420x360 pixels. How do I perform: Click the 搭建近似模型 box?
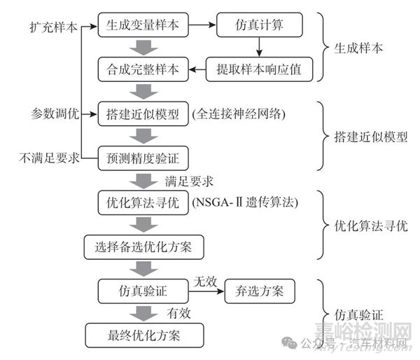point(143,114)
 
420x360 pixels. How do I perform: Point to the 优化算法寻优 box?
point(143,202)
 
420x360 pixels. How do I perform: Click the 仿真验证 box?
point(142,290)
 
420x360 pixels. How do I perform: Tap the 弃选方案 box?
point(259,290)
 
